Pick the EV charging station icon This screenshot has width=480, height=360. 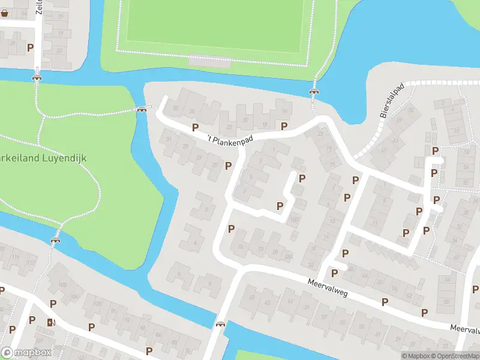[50, 322]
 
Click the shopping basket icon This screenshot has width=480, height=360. [5, 12]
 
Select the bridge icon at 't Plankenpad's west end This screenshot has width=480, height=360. [142, 109]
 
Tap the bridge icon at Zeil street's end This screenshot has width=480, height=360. [37, 77]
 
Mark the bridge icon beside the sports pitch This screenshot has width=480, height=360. [313, 92]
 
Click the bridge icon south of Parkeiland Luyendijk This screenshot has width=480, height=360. [56, 240]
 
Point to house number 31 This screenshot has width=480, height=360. [169, 139]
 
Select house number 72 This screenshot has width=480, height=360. [260, 248]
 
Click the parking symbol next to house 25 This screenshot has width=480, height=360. [228, 166]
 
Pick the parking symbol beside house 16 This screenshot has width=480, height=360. [284, 125]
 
